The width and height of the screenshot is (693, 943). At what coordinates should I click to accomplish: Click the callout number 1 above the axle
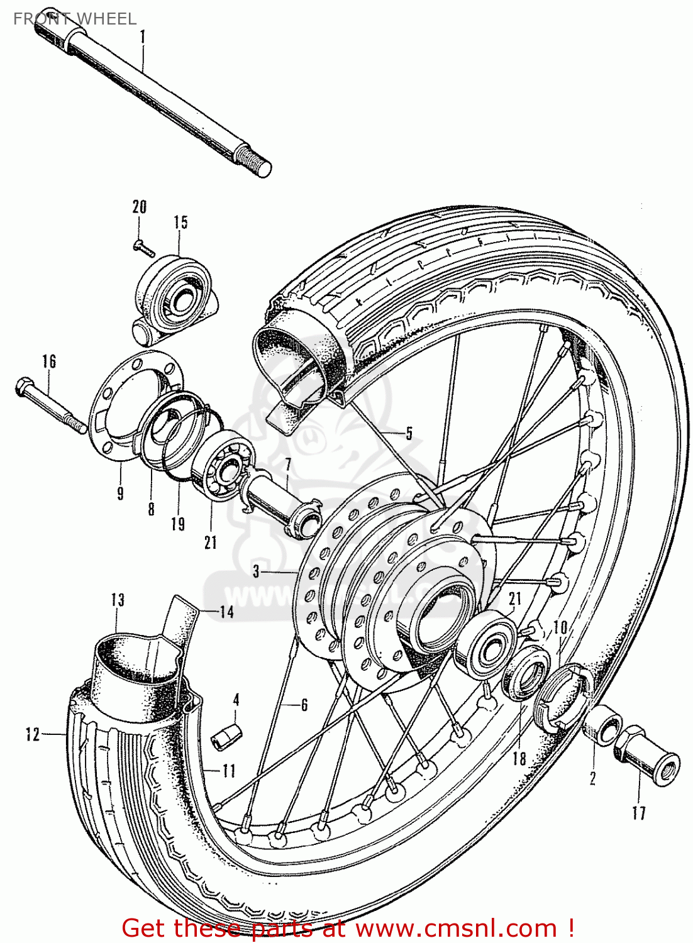point(142,37)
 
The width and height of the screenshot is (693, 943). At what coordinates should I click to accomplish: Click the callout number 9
point(120,492)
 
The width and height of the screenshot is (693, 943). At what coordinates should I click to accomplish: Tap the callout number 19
point(178,523)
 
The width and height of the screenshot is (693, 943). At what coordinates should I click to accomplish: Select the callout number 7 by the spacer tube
point(287,466)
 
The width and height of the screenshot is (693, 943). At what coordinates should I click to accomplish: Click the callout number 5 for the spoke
point(409,433)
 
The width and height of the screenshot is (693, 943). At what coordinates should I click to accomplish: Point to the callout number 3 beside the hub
point(256,571)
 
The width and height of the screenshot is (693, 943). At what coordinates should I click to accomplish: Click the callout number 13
point(118,600)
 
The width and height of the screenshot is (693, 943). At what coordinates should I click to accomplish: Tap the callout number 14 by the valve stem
point(226,612)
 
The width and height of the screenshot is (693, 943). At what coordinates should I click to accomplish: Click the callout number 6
point(304,705)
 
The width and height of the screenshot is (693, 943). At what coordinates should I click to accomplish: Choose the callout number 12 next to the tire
point(33,734)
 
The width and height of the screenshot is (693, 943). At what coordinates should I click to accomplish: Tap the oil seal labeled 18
point(527,676)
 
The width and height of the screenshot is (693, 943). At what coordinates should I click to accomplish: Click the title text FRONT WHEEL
point(74,19)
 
